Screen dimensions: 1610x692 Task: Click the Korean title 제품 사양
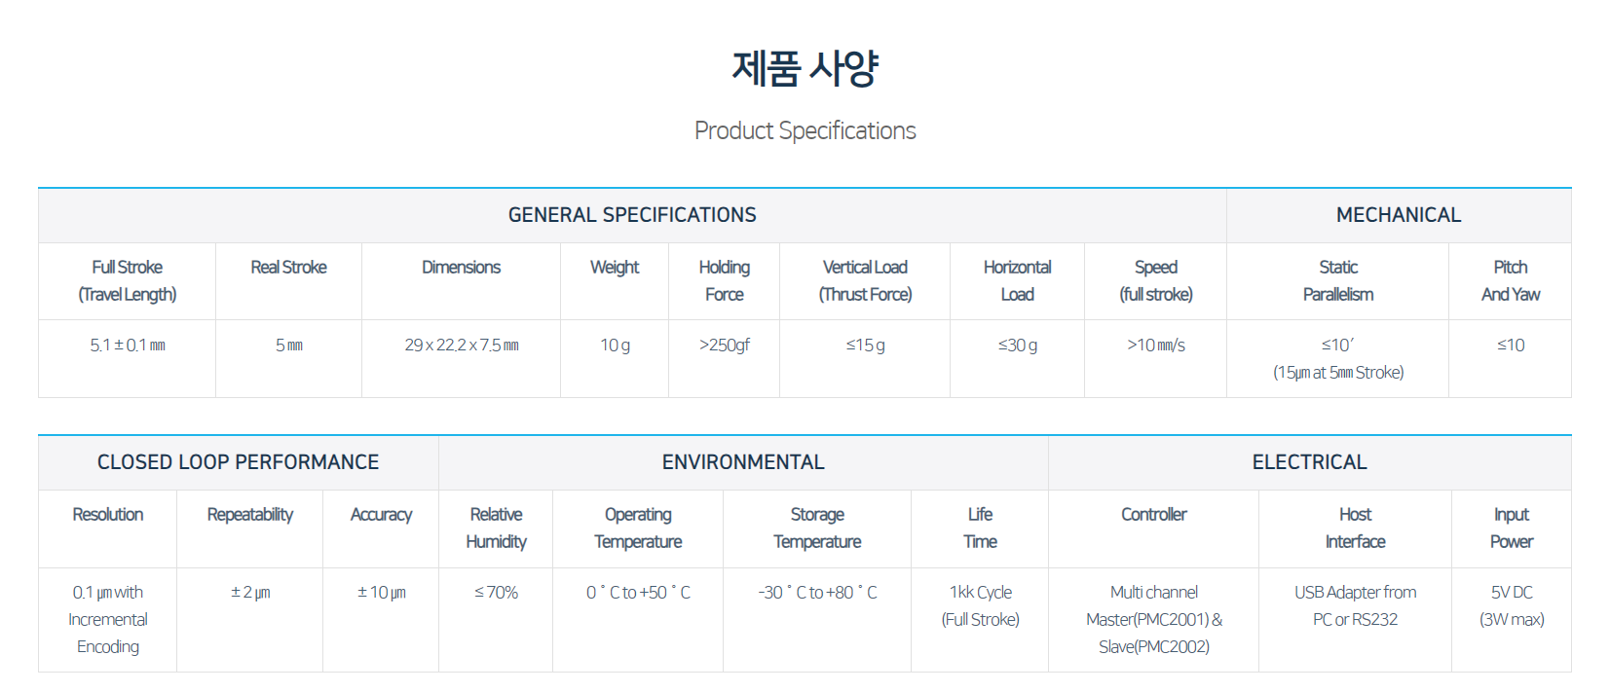(805, 69)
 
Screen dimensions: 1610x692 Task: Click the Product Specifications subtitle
(805, 130)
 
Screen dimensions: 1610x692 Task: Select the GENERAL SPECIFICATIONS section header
(632, 215)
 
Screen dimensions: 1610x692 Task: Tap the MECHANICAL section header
(1398, 215)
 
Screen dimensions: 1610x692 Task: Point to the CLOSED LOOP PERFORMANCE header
(238, 462)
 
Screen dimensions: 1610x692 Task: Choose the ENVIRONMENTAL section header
(743, 462)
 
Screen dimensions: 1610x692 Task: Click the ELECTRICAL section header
(1310, 462)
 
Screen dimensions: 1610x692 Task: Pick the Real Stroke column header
(289, 268)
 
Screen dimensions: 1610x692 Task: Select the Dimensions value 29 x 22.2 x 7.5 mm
(462, 345)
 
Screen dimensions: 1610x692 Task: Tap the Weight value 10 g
(615, 346)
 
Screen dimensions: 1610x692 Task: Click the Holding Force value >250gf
(725, 346)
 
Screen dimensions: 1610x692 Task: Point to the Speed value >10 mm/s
(1156, 345)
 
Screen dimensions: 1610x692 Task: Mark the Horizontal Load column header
(1017, 281)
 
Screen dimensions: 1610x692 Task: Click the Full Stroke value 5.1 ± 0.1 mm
(128, 345)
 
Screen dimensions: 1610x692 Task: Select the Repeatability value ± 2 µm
(250, 593)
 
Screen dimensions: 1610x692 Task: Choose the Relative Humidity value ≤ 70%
(496, 592)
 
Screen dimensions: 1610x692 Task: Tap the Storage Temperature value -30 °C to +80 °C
(817, 592)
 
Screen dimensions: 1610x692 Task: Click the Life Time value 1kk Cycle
(981, 592)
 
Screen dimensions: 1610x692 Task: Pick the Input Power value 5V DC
(1512, 592)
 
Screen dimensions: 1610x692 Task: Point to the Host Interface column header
(1355, 528)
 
